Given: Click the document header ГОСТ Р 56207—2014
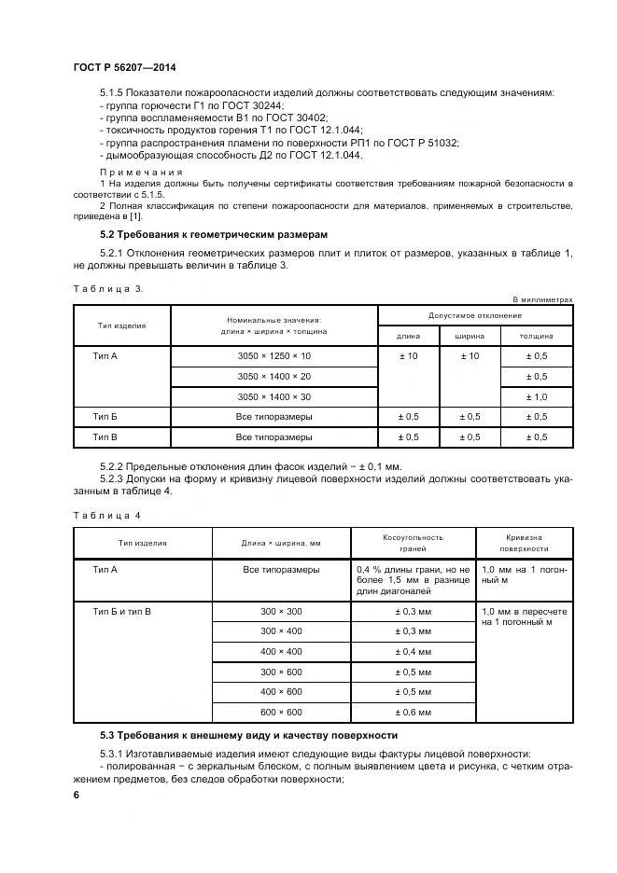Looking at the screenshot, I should (x=124, y=69).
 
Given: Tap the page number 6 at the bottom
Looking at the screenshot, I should (x=77, y=793).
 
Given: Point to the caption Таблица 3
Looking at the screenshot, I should (x=108, y=288).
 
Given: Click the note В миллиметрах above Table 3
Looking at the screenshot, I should (x=542, y=299).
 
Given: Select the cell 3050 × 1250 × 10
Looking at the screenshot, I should (x=273, y=356).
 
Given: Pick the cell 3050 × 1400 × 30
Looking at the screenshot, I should (x=273, y=396).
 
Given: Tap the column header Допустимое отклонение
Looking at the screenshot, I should (x=475, y=316).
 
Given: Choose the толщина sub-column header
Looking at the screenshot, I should (x=536, y=336).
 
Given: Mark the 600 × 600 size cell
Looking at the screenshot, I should (x=281, y=712).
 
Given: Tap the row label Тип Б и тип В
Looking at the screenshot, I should (x=122, y=611).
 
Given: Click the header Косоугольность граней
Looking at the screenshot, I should (x=413, y=543).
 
